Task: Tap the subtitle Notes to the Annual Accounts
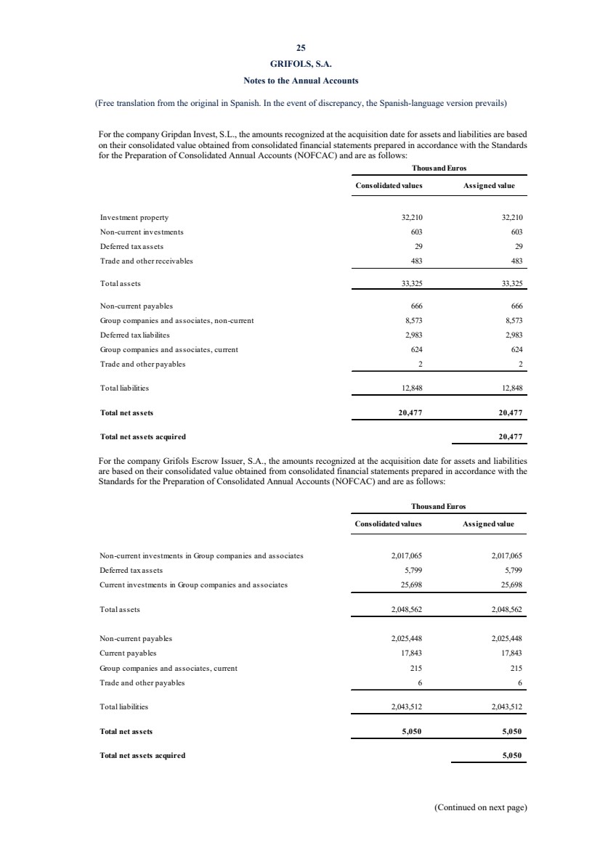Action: coord(300,79)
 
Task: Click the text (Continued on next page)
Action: coord(480,807)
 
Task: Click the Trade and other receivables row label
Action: coord(147,261)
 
